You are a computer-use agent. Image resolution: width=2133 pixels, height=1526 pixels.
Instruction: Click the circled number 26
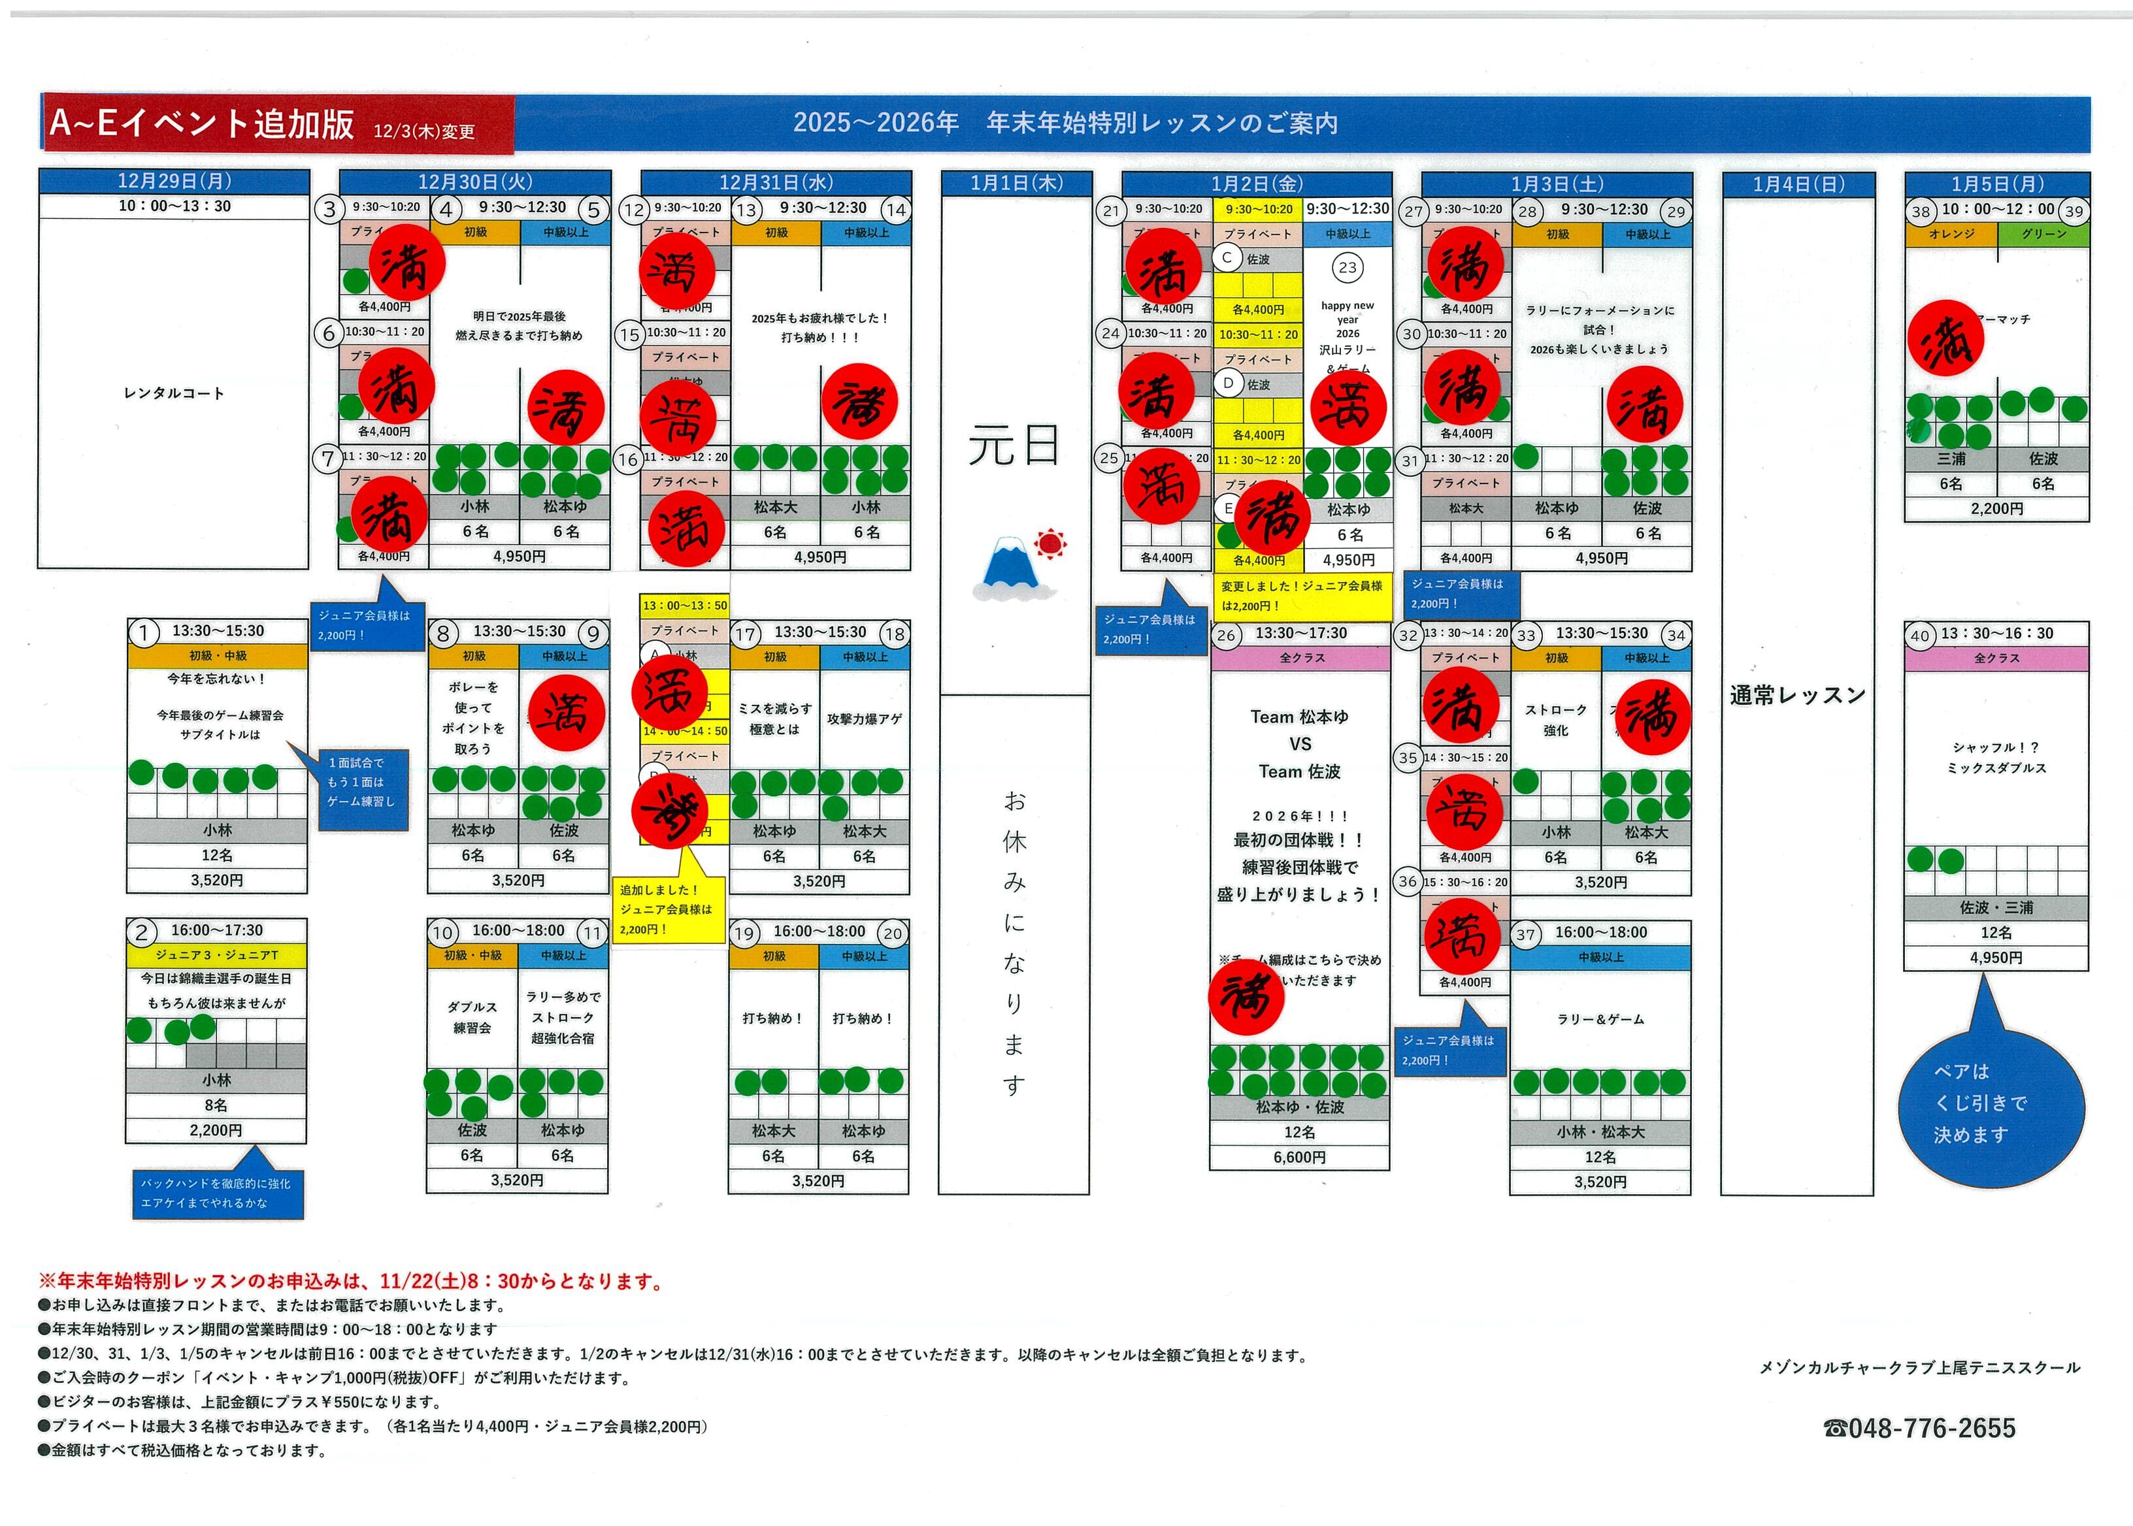(1226, 635)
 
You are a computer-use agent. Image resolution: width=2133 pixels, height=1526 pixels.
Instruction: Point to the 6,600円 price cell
(1299, 1157)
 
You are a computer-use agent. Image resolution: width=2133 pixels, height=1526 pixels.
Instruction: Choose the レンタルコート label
(174, 393)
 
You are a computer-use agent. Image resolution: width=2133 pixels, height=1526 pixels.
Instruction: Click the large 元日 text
(1014, 446)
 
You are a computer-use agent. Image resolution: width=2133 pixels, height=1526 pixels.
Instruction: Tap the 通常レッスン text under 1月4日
(1796, 695)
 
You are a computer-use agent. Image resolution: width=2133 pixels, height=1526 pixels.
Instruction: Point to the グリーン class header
(2043, 234)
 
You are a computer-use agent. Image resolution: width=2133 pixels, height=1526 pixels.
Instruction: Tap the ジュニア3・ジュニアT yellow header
(216, 954)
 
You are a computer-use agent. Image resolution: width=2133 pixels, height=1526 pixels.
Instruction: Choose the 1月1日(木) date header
(1016, 183)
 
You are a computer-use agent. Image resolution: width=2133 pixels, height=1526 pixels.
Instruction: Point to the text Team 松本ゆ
(1299, 717)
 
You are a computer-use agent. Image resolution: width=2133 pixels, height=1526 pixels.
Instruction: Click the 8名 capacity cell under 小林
(216, 1105)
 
